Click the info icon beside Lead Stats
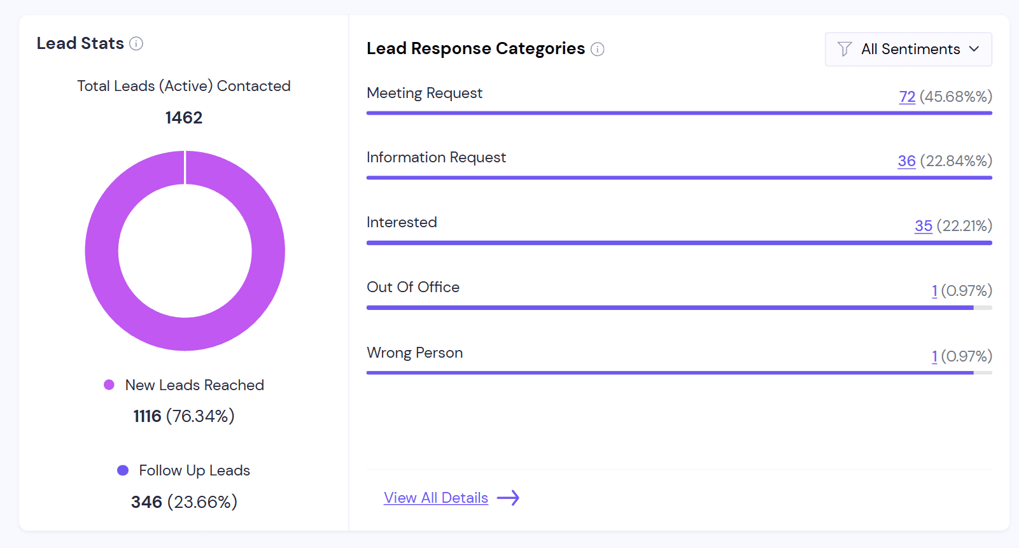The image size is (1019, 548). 136,43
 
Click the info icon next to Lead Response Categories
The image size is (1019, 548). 597,49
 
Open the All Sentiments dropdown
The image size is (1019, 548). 908,49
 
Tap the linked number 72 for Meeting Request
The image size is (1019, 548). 907,97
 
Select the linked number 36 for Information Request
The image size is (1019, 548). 906,161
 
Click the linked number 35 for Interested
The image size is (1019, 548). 923,226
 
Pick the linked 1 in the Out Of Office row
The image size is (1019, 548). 934,291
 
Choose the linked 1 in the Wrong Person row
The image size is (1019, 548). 934,356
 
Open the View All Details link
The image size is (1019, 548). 436,498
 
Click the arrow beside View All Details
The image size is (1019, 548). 508,498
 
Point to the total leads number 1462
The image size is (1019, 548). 183,118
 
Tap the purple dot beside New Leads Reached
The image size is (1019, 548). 109,384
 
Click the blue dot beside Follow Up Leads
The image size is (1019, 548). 123,470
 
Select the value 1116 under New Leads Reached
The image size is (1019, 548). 147,416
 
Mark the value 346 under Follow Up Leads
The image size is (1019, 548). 146,502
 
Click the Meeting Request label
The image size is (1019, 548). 425,93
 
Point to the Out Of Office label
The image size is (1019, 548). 413,287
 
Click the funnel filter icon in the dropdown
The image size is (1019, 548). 845,49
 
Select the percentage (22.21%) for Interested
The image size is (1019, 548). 964,226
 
